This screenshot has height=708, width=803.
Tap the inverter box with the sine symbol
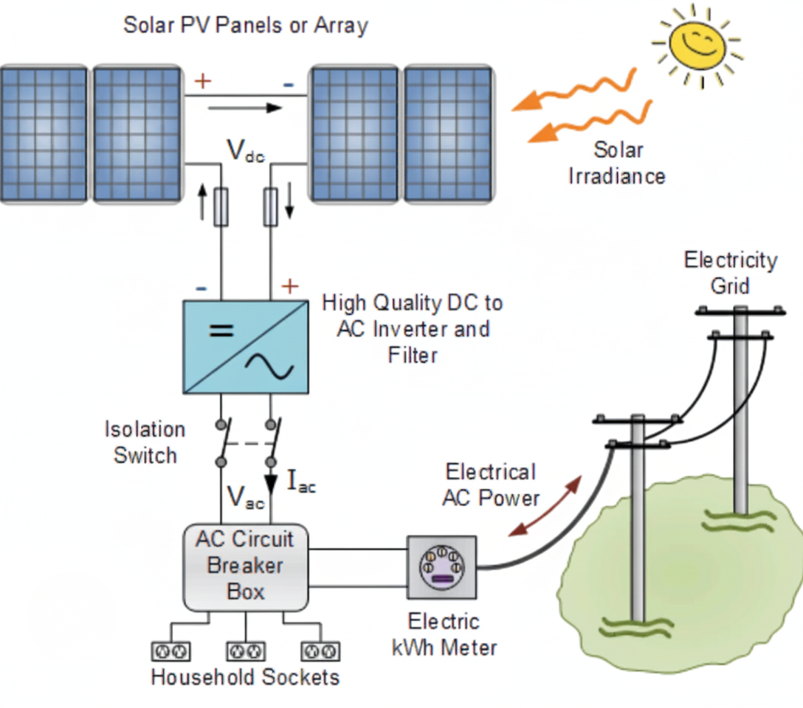click(x=246, y=346)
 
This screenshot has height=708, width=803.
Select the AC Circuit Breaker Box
click(x=245, y=566)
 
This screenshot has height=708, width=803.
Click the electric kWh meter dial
click(x=441, y=566)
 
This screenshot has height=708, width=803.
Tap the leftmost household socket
click(x=170, y=651)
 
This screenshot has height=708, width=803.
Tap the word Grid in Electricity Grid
click(x=729, y=285)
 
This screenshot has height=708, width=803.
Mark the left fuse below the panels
click(x=221, y=206)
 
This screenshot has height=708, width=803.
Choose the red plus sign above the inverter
click(x=290, y=285)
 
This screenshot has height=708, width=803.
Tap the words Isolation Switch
click(x=145, y=442)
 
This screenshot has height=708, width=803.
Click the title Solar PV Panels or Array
click(x=245, y=25)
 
